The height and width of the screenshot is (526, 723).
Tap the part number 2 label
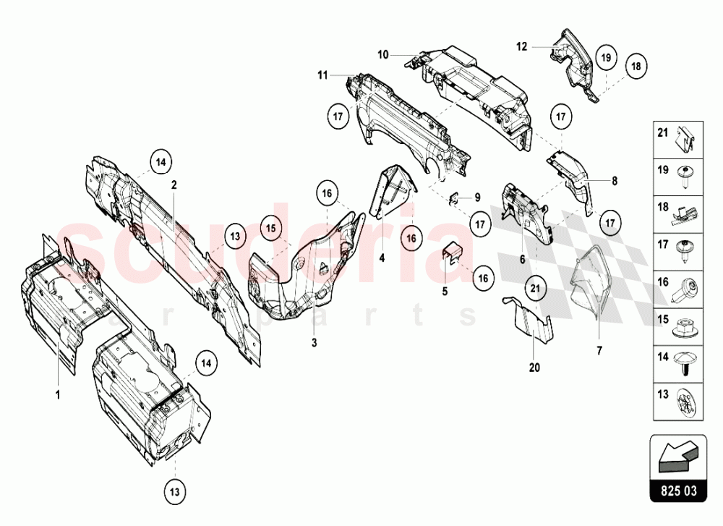click(174, 184)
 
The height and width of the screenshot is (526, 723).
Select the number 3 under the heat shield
click(315, 342)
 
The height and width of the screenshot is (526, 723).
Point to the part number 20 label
click(534, 368)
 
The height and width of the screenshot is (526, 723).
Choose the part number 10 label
click(382, 54)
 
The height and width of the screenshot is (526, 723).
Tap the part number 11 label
click(322, 74)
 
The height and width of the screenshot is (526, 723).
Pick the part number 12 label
click(521, 46)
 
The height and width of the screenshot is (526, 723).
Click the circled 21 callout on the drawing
click(534, 288)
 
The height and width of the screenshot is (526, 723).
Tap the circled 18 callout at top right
click(634, 66)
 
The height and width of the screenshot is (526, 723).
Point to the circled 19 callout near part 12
click(606, 56)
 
